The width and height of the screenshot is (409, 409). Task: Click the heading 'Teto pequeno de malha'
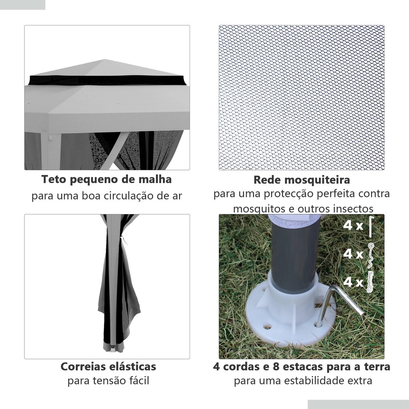[x=107, y=179]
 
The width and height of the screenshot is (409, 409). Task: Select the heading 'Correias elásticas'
[x=108, y=366]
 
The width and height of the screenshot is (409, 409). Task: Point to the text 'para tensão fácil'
[x=108, y=381]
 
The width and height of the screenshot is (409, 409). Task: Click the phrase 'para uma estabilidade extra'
[x=303, y=381]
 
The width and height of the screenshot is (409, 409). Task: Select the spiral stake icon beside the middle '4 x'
[x=372, y=255]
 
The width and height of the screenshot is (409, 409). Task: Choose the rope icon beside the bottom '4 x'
[x=372, y=282]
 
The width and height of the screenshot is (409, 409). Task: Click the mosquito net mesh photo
[x=301, y=97]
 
